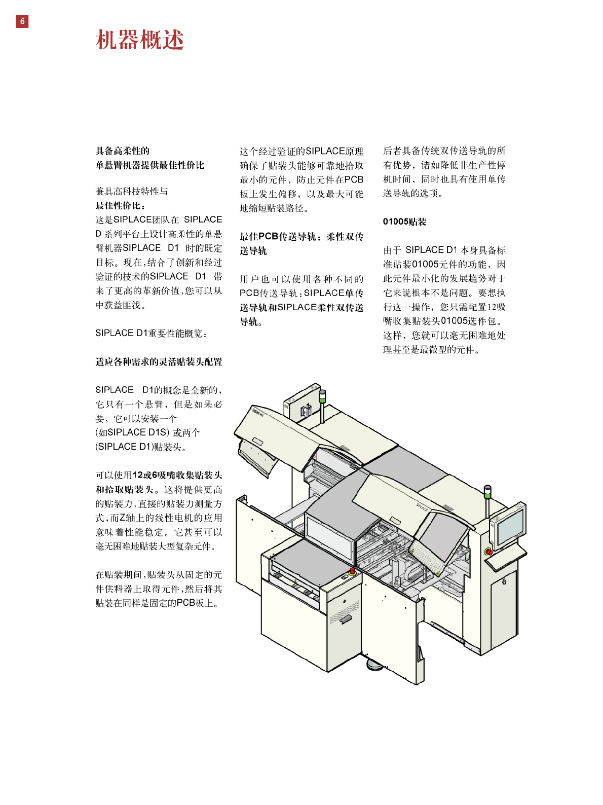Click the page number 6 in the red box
pos(22,21)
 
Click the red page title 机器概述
pos(140,40)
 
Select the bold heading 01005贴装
pos(404,222)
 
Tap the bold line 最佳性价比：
pos(121,205)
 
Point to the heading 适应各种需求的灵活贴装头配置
pos(159,361)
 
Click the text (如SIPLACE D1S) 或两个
pos(147,432)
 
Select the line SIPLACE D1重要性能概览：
pos(152,333)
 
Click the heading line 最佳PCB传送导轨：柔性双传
pos(301,236)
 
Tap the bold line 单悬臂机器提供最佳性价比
pos(150,165)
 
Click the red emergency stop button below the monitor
pos(488,552)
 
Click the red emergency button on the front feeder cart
pos(352,571)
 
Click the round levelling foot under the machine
pos(374,664)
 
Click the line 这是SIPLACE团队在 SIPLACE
pos(159,219)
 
